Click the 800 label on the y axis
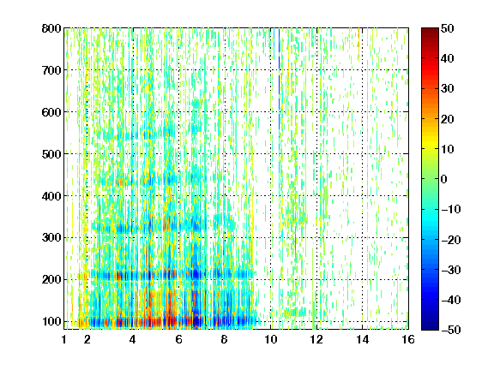click(51, 28)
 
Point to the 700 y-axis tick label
click(51, 70)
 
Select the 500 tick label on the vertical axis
click(51, 154)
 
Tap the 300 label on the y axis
click(51, 238)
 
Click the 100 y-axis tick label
click(51, 321)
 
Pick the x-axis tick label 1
click(64, 339)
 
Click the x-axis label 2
click(87, 339)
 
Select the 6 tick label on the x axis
click(179, 339)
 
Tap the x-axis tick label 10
click(271, 339)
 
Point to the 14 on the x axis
click(362, 339)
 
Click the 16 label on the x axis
click(408, 339)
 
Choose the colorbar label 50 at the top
click(448, 28)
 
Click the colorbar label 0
click(444, 179)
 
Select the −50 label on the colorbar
click(451, 330)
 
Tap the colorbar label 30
click(448, 89)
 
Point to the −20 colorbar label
click(451, 240)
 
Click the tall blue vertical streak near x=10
click(279, 79)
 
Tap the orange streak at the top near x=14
click(358, 44)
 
